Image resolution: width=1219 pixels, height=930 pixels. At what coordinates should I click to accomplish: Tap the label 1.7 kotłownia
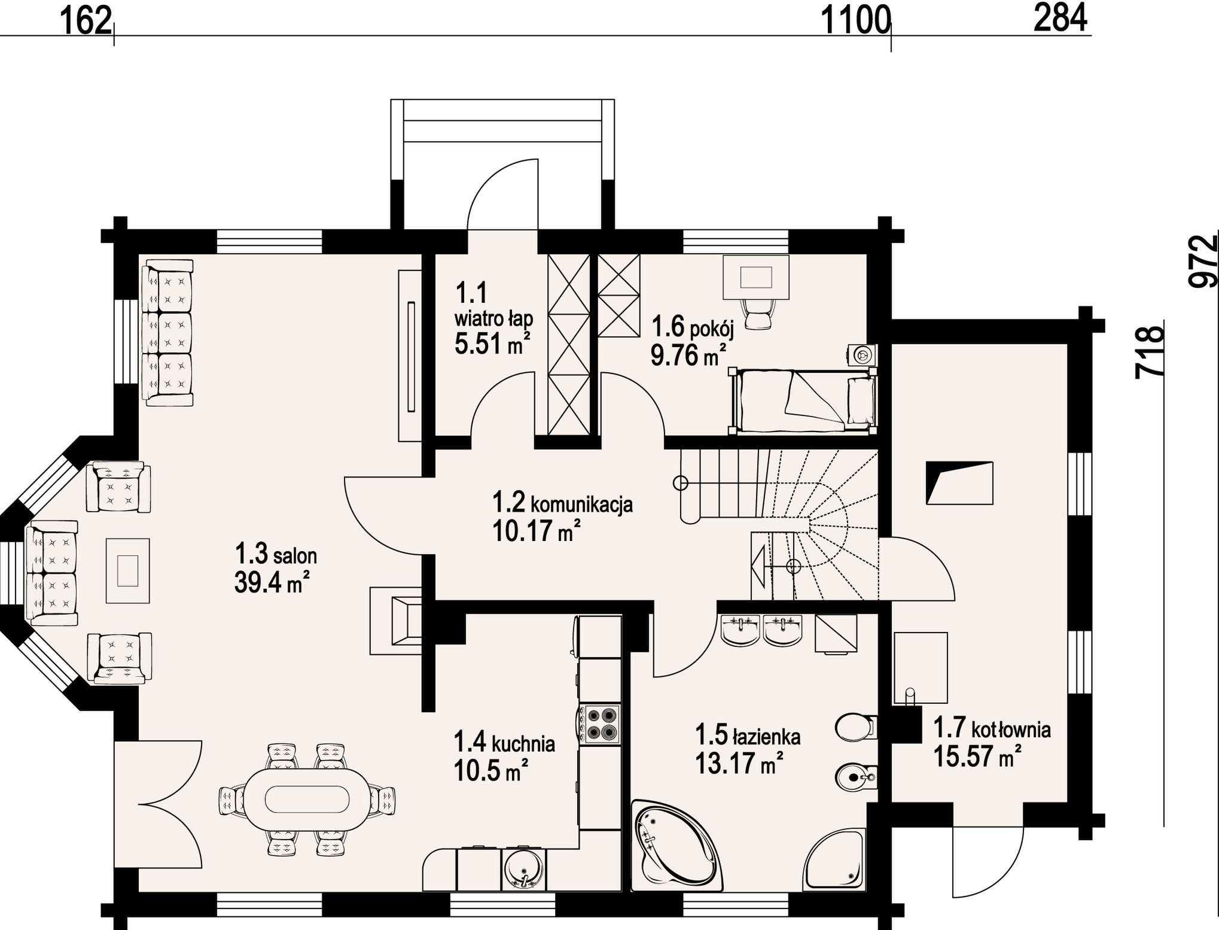click(x=992, y=728)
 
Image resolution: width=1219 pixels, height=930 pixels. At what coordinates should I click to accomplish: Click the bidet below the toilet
click(x=855, y=777)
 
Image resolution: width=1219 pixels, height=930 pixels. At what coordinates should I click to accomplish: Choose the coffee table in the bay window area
click(x=128, y=570)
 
